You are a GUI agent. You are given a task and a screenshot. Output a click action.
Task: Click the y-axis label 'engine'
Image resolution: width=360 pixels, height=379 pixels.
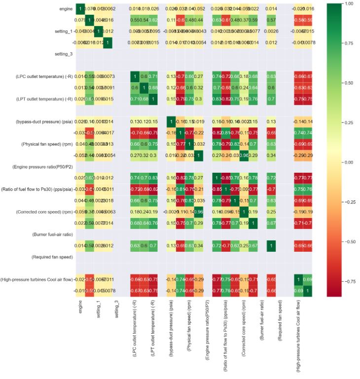pyautogui.click(x=66, y=9)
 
